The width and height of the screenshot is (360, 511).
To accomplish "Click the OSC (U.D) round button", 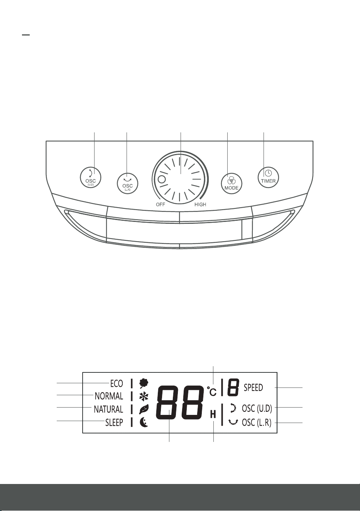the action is [x=91, y=177].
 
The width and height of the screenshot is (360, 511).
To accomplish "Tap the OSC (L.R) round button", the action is [x=128, y=183].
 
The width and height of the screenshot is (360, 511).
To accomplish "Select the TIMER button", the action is [x=269, y=177].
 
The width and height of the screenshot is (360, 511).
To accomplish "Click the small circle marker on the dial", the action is [x=162, y=179].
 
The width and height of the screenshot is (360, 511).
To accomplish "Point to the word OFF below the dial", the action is [x=161, y=205].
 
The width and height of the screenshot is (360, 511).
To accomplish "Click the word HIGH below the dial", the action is [x=200, y=205].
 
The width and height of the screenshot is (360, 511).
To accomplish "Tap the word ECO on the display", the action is [x=117, y=384].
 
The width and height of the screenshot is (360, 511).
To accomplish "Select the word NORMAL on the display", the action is [x=109, y=396].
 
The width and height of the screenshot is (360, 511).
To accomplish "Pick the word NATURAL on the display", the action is [x=108, y=409].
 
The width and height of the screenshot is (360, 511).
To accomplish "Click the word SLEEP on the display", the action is [x=114, y=423].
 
